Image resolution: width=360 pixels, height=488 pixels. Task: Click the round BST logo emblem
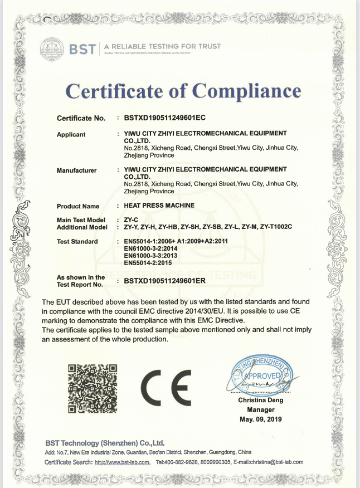tap(52, 50)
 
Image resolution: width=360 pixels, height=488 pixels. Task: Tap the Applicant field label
tap(71, 134)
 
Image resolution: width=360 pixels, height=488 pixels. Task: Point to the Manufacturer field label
tap(77, 170)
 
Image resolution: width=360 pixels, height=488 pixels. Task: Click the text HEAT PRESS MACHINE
tap(159, 206)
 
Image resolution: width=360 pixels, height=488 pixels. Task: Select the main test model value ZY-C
tap(130, 220)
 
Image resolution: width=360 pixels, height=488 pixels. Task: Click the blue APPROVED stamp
tap(260, 375)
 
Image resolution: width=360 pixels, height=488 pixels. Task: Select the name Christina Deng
tap(260, 400)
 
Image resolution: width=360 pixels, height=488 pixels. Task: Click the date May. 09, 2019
tap(260, 418)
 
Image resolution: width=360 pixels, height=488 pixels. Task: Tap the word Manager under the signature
tap(260, 409)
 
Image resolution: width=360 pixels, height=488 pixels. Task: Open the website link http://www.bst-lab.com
tap(122, 462)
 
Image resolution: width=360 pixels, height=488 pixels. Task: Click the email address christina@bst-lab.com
tap(275, 462)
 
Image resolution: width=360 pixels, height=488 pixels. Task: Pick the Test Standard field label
tap(77, 241)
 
